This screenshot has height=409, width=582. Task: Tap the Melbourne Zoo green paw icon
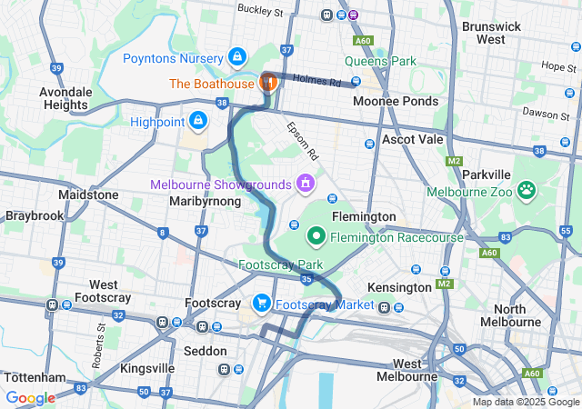(526, 190)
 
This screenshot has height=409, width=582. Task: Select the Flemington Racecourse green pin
(316, 236)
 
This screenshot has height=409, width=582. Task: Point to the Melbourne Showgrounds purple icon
(305, 184)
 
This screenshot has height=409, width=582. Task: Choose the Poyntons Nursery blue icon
(237, 57)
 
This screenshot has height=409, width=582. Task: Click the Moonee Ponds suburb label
(396, 101)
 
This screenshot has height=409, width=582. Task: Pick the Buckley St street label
(260, 10)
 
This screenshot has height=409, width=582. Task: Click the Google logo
(30, 398)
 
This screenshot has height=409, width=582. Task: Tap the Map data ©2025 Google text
(525, 402)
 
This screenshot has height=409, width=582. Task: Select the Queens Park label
(380, 62)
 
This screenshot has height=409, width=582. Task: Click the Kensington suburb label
(399, 287)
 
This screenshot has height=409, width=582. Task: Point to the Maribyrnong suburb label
(206, 201)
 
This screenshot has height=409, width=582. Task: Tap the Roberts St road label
(97, 350)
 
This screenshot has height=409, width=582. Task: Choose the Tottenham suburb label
(35, 377)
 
